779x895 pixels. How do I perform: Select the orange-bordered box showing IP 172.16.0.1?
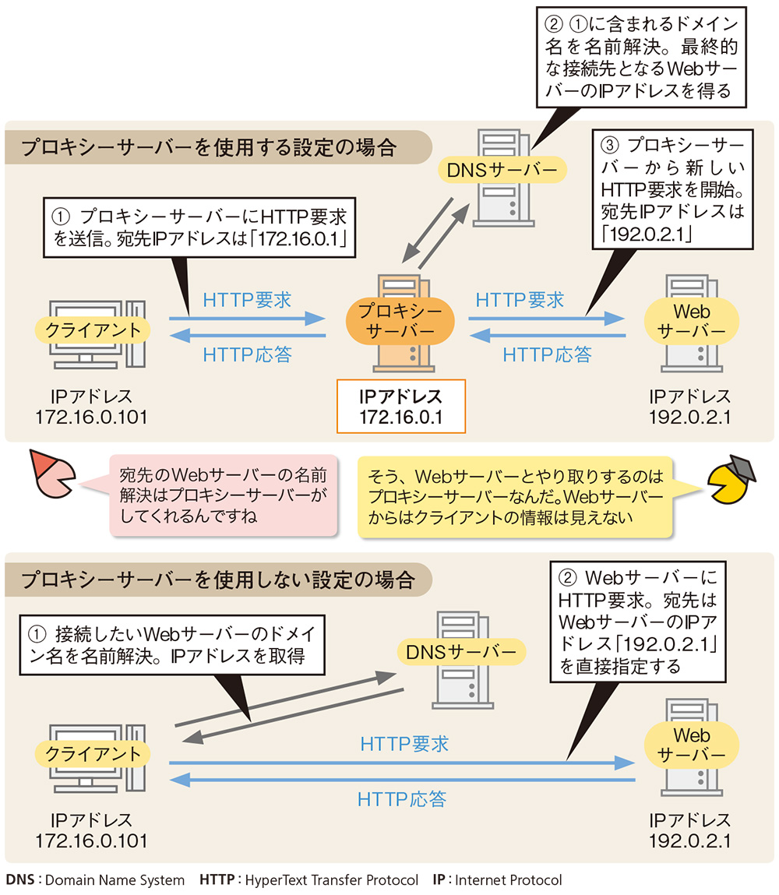[400, 407]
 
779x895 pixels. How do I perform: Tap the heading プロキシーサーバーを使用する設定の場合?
[209, 147]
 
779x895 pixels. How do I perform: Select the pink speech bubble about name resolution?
[223, 495]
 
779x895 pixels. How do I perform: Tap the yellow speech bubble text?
[515, 495]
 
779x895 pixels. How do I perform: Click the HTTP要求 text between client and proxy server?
[247, 300]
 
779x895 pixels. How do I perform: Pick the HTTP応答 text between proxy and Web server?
[547, 355]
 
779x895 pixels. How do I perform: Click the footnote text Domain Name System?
[115, 880]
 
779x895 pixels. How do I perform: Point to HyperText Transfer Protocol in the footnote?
[331, 880]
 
